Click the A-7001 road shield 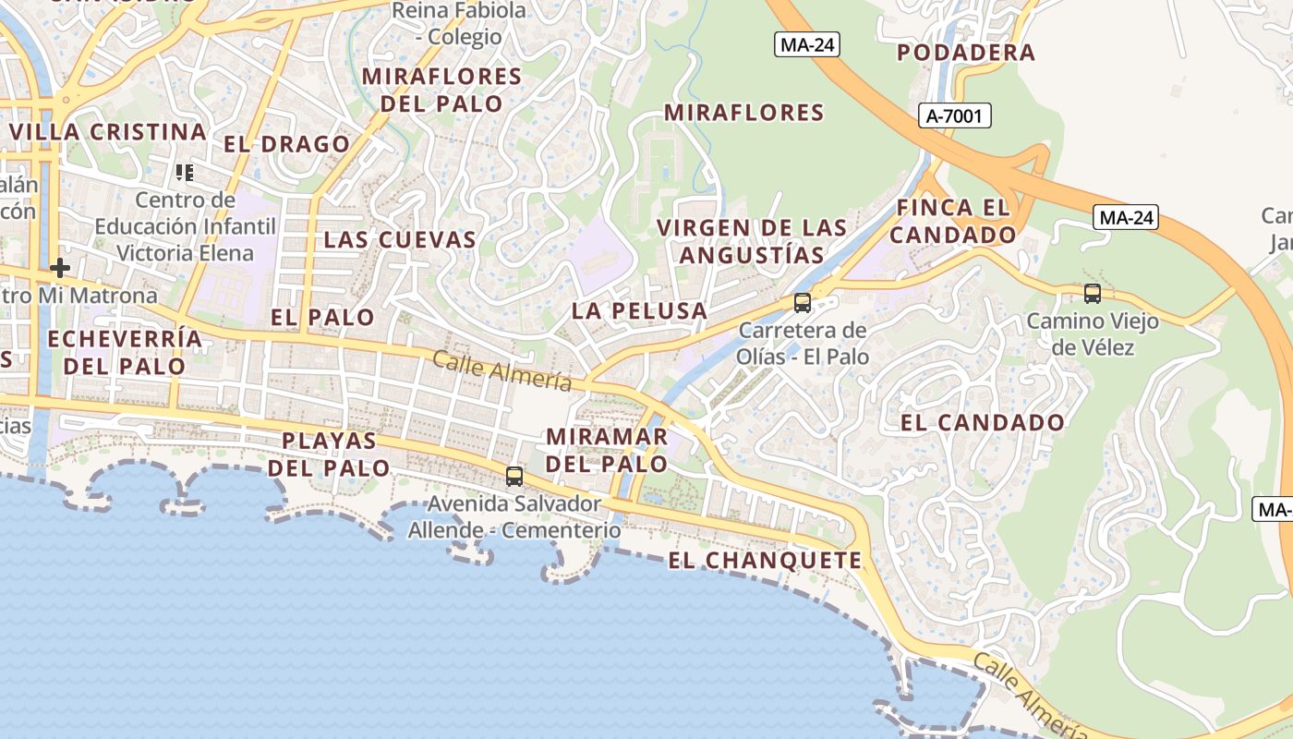pyautogui.click(x=956, y=115)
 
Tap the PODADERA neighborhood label pyautogui.click(x=966, y=53)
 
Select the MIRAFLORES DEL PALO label pyautogui.click(x=441, y=90)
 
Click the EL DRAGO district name pyautogui.click(x=287, y=144)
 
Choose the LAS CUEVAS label pyautogui.click(x=400, y=240)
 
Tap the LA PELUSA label pyautogui.click(x=639, y=311)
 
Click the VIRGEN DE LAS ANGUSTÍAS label pyautogui.click(x=751, y=241)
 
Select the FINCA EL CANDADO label pyautogui.click(x=953, y=221)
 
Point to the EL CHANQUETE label pyautogui.click(x=765, y=561)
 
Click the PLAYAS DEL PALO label pyautogui.click(x=330, y=454)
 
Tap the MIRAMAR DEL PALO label pyautogui.click(x=607, y=450)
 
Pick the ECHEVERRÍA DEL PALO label pyautogui.click(x=124, y=352)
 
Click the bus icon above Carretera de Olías pyautogui.click(x=803, y=303)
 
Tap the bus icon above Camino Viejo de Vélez pyautogui.click(x=1093, y=295)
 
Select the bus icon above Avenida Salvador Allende pyautogui.click(x=514, y=477)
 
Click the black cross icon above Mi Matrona pyautogui.click(x=60, y=269)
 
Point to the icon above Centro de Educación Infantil pyautogui.click(x=185, y=173)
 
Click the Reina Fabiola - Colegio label pyautogui.click(x=459, y=24)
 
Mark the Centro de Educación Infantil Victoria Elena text pyautogui.click(x=186, y=226)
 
